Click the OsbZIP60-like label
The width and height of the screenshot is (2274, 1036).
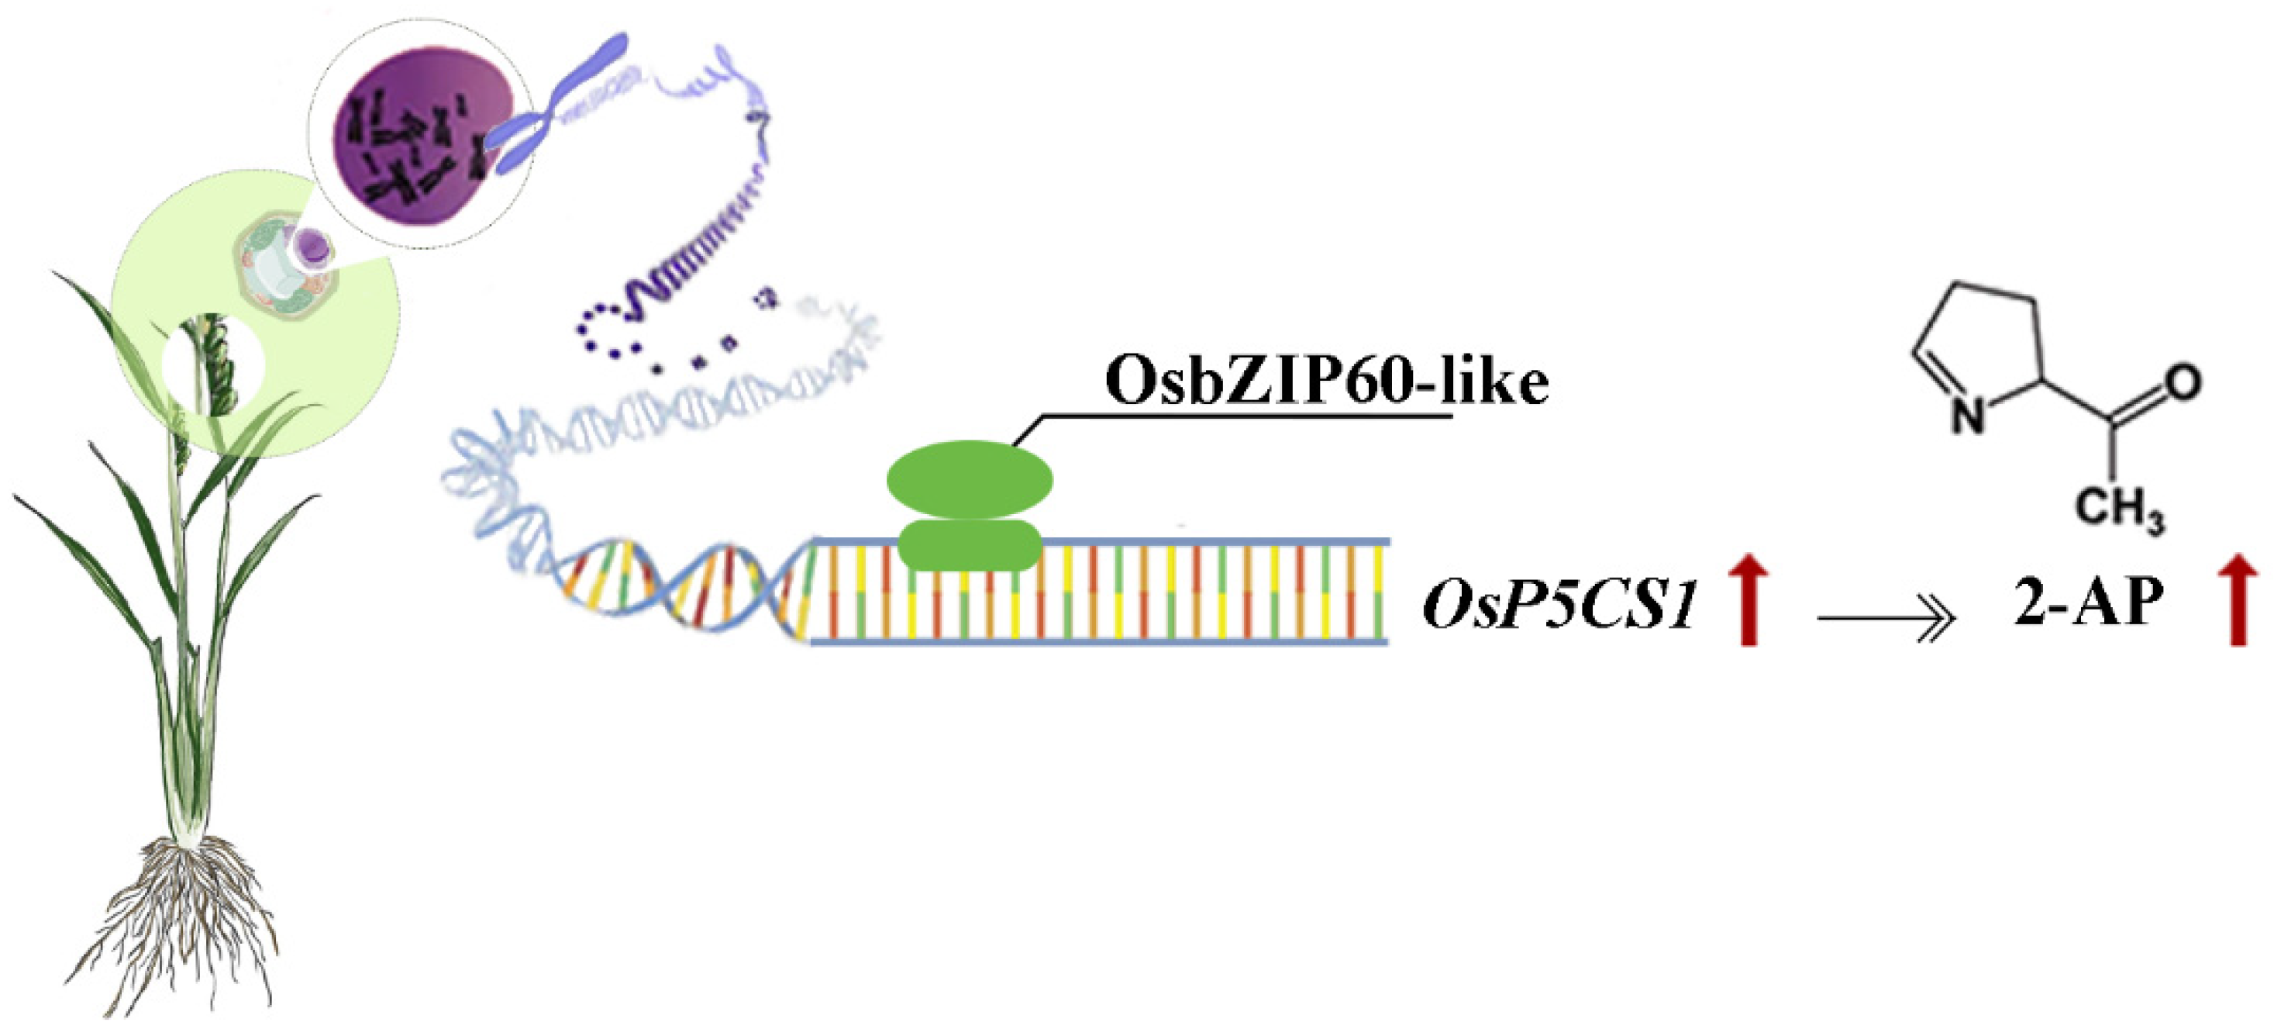click(1326, 382)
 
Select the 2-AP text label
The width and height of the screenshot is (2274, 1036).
click(2089, 603)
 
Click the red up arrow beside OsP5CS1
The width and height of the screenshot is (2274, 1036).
click(1748, 599)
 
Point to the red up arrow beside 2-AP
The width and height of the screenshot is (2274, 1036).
click(2238, 599)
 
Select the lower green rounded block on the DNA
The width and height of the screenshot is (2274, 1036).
click(970, 545)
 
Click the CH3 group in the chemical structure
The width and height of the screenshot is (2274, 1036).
click(2119, 510)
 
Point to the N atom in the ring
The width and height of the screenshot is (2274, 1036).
click(1968, 413)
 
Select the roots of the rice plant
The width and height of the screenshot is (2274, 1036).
click(185, 919)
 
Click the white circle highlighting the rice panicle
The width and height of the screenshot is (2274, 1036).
click(212, 367)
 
